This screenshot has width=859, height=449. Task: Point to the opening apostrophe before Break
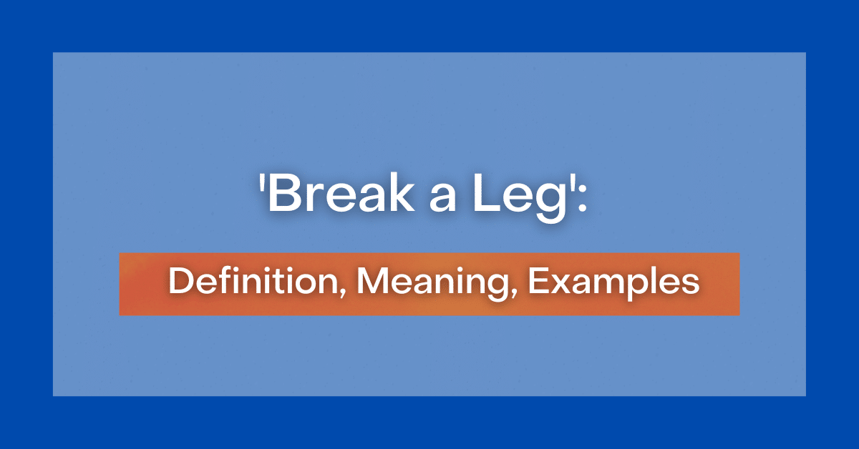[262, 187]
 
